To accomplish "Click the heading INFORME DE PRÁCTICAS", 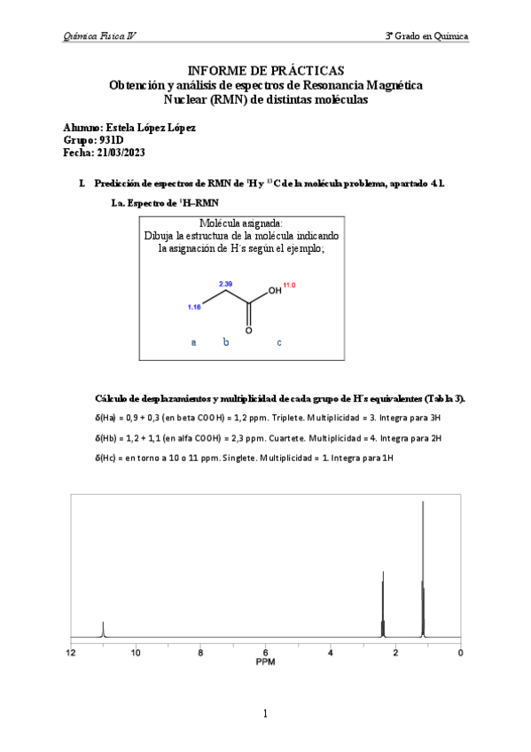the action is [x=265, y=70].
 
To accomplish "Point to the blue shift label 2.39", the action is [x=226, y=284].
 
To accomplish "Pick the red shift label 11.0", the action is [x=289, y=285].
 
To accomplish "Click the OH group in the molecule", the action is [x=275, y=290].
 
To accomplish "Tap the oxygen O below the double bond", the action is [x=249, y=330].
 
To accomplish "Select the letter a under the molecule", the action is [x=194, y=341].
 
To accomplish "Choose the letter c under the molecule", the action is [x=279, y=341].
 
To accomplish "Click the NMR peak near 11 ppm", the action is [x=104, y=629].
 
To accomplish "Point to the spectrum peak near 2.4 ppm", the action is [x=383, y=603].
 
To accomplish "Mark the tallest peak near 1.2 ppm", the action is [x=423, y=568].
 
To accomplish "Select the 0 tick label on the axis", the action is [x=460, y=654].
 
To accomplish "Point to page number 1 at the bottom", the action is [x=265, y=713].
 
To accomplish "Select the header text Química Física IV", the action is [x=99, y=36].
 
